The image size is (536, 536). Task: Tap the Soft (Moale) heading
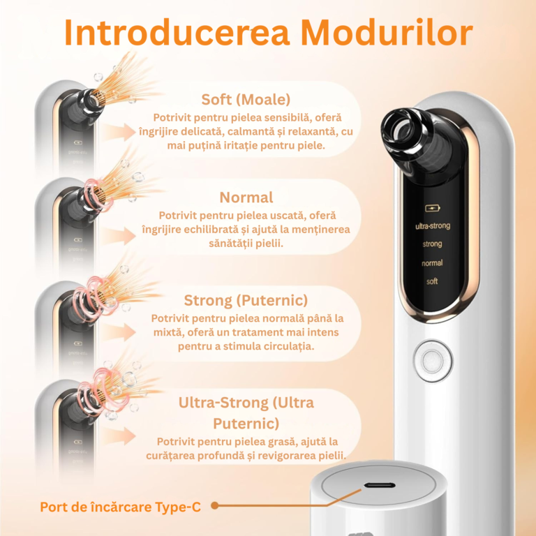tap(246, 100)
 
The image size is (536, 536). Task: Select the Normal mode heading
tap(246, 198)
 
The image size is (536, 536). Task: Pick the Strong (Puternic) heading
tap(246, 301)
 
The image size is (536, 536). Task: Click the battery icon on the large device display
tap(433, 208)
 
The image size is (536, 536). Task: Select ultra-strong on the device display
tap(433, 226)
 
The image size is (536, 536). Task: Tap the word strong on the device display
tap(432, 244)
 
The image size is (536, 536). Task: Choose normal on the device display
tap(432, 263)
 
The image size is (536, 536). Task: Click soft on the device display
tap(432, 281)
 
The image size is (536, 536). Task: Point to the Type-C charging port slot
tap(380, 486)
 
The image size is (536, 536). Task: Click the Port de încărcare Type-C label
tap(120, 507)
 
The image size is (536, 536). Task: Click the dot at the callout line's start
tap(215, 505)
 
